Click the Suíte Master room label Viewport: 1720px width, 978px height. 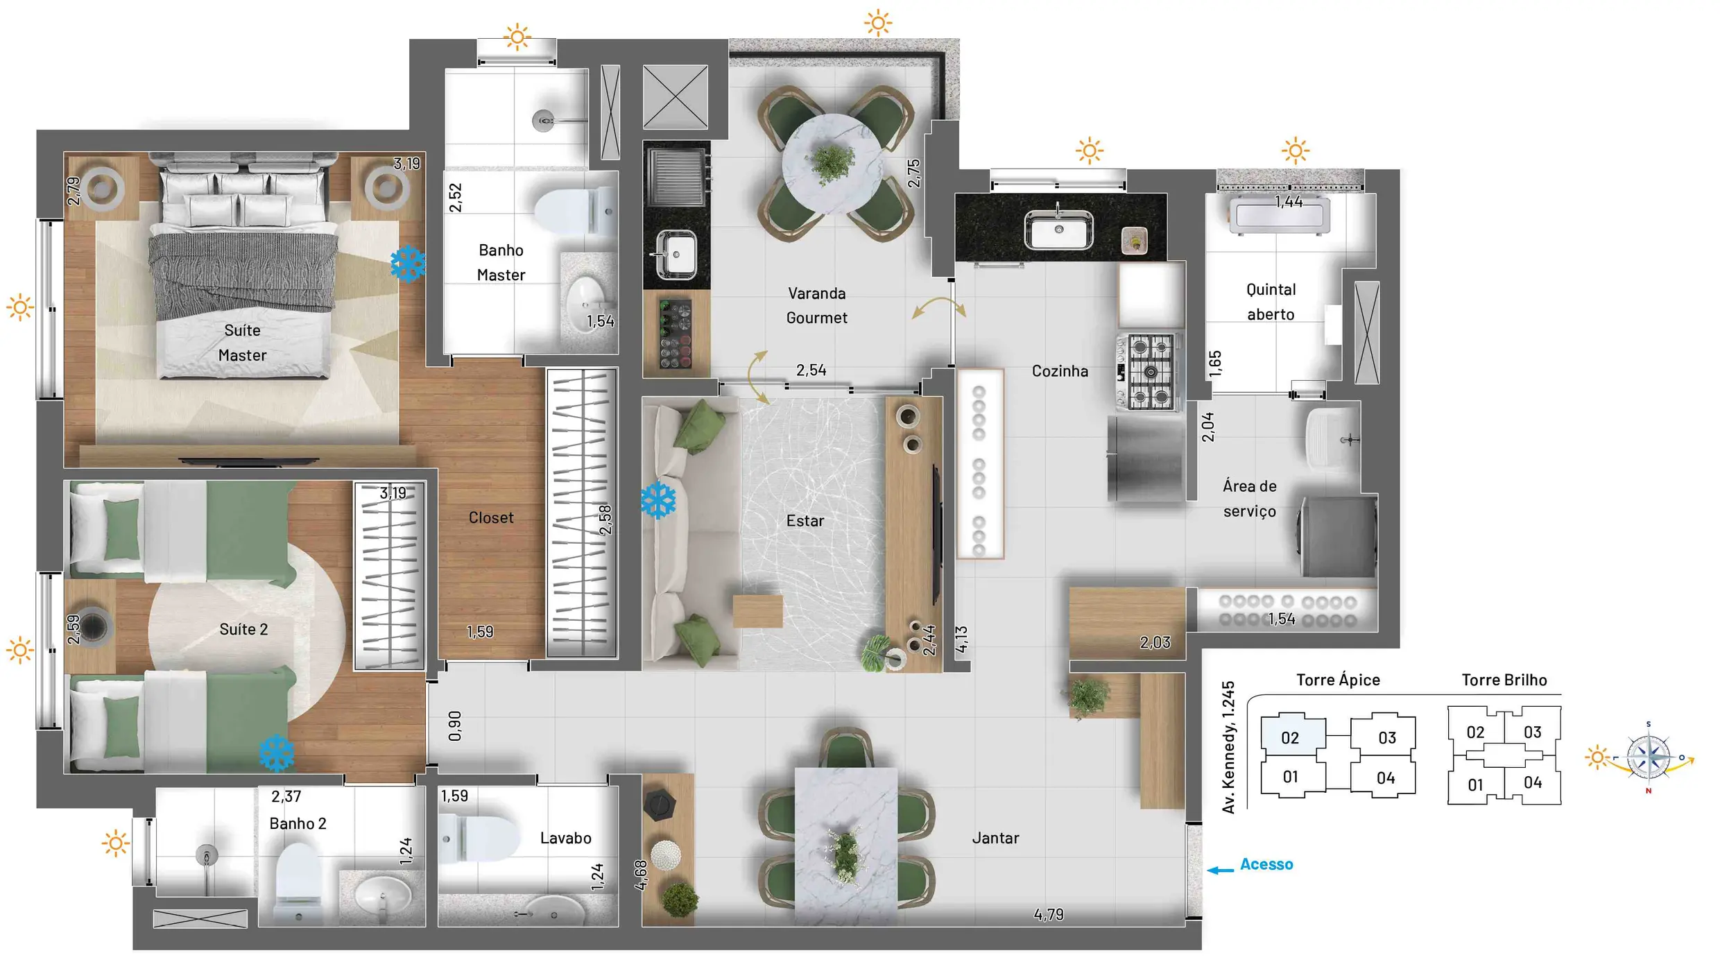[x=242, y=343]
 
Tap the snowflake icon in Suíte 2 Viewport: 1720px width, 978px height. [x=277, y=753]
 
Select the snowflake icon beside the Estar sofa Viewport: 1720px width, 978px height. [x=658, y=501]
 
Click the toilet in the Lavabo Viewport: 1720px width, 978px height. [x=480, y=839]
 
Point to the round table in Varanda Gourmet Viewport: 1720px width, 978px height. [x=832, y=164]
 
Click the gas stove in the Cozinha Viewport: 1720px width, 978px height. [x=1149, y=372]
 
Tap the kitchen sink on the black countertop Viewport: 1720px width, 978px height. [x=1058, y=230]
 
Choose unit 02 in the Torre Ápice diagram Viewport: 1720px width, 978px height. [x=1291, y=737]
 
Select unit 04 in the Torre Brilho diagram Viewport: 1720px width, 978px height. [x=1533, y=782]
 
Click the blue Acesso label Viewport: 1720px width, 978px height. [x=1266, y=864]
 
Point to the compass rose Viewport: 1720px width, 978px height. [x=1649, y=757]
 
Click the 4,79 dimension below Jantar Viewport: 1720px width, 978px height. [x=1049, y=915]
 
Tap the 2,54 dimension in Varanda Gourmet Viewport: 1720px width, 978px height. [x=811, y=370]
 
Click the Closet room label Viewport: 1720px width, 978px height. [x=491, y=518]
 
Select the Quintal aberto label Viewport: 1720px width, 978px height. [x=1271, y=302]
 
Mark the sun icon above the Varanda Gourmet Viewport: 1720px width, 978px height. [x=878, y=23]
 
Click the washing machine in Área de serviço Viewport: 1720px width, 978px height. [x=1339, y=536]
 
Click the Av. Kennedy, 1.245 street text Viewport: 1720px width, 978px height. [x=1228, y=747]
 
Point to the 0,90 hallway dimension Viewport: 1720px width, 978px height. [x=455, y=726]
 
